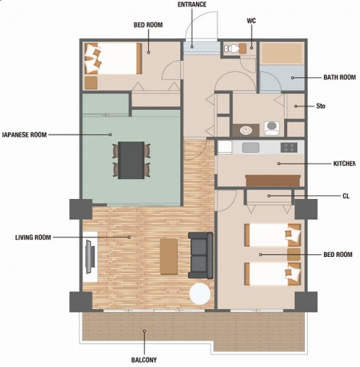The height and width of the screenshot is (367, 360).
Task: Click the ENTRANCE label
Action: click(192, 4)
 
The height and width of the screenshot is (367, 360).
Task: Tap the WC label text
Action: click(251, 21)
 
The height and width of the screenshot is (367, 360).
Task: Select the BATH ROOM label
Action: click(339, 78)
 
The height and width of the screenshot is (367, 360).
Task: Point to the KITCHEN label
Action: click(345, 164)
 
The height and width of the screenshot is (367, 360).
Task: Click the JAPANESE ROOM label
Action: click(24, 135)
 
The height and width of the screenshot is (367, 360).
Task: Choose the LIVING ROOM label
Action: click(33, 238)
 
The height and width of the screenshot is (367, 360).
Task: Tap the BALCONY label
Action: click(144, 360)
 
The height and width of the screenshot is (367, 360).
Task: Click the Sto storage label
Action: click(320, 106)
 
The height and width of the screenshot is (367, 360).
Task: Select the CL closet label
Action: click(346, 196)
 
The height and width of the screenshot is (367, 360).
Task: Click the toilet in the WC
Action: click(232, 48)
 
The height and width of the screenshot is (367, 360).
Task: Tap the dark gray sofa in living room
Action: click(201, 255)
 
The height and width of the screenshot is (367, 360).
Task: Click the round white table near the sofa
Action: click(200, 294)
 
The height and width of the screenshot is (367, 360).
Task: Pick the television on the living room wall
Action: click(90, 257)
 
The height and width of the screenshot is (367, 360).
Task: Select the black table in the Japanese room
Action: click(132, 160)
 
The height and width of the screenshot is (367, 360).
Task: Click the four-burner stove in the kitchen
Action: click(289, 148)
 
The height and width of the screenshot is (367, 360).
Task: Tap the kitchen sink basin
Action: click(251, 148)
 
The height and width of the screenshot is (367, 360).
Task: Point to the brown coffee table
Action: click(169, 257)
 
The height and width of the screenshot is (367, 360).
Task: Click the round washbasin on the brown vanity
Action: click(246, 130)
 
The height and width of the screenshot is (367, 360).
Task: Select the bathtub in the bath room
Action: click(281, 54)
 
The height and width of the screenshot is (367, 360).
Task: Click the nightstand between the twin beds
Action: click(294, 255)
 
